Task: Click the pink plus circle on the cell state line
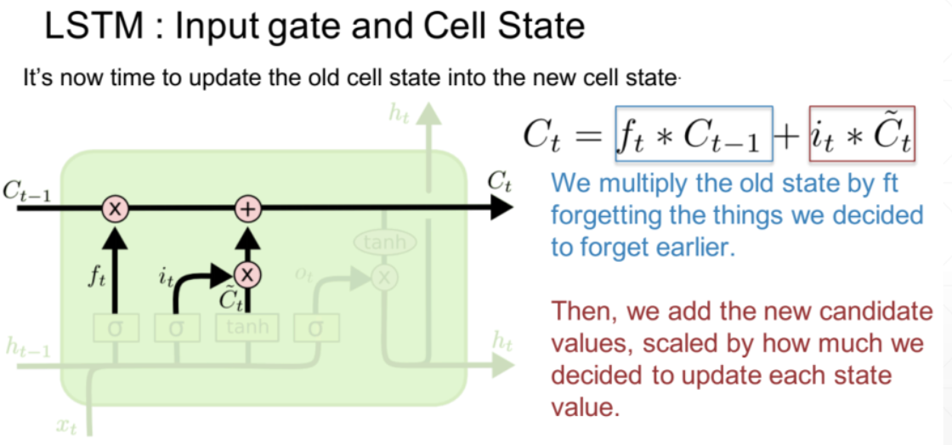point(247,208)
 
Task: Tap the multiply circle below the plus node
point(247,273)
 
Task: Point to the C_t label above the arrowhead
point(499,181)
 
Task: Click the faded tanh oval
point(385,242)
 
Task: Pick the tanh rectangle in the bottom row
point(247,327)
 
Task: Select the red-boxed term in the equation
point(862,134)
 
